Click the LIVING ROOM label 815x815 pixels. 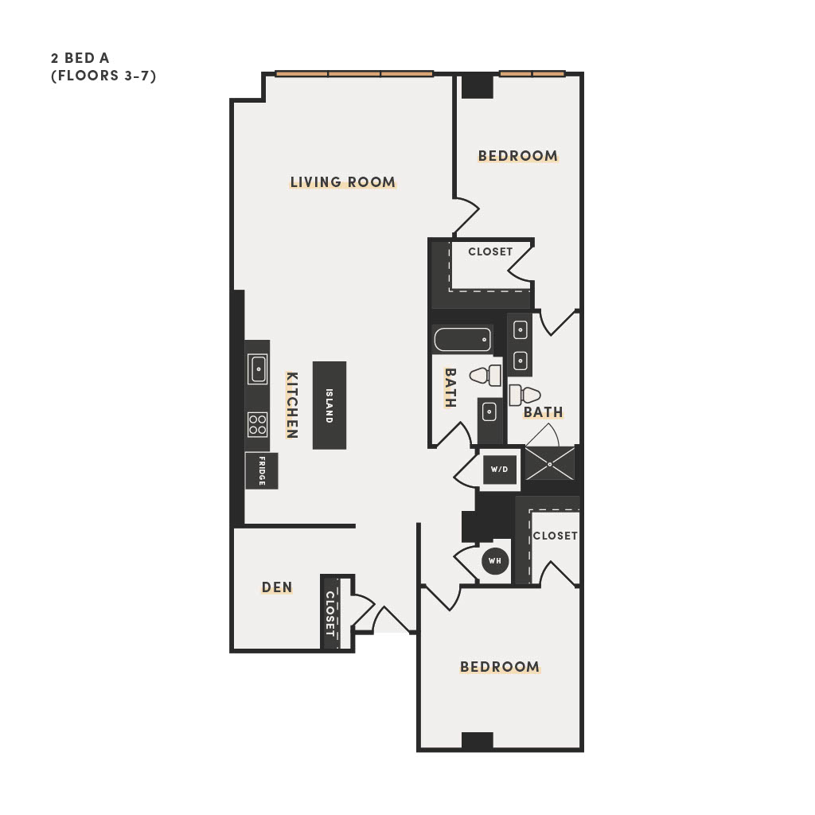tap(342, 182)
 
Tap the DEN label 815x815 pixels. tap(277, 587)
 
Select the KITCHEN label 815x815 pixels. tap(292, 405)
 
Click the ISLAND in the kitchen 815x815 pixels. tap(330, 405)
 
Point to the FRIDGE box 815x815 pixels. tap(261, 471)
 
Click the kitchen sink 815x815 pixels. tap(257, 369)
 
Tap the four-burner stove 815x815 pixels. tap(257, 424)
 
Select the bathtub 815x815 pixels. tap(462, 340)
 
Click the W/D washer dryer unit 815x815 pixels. tap(500, 470)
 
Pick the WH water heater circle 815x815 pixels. tap(495, 561)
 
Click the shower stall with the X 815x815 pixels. tap(550, 463)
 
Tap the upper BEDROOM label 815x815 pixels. tap(517, 156)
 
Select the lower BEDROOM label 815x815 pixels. tap(500, 667)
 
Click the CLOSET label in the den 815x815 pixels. tap(330, 614)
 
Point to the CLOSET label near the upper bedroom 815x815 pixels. tap(490, 252)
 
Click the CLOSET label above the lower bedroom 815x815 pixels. tap(555, 536)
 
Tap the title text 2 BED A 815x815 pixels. tap(80, 57)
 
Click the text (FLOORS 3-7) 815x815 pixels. tap(103, 76)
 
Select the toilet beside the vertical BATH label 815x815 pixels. tap(485, 375)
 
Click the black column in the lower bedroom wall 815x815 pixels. tap(478, 741)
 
